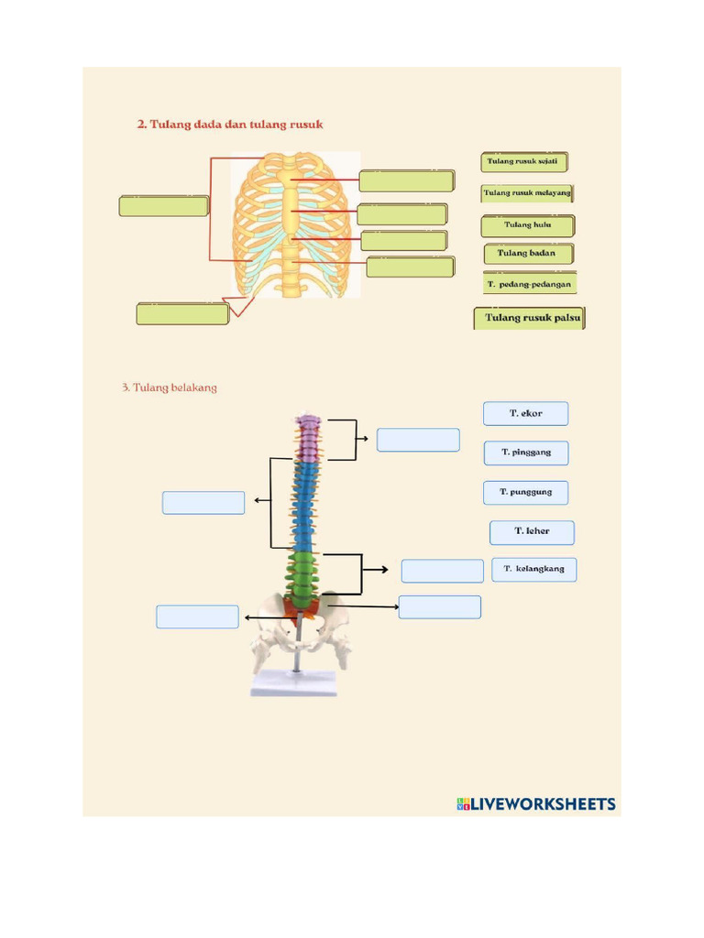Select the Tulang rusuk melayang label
pos(527,193)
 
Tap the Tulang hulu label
pos(527,224)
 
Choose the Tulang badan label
pos(527,253)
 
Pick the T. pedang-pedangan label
pos(530,284)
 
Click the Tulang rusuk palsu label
pos(529,318)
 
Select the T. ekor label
pos(525,413)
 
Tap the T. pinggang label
pos(525,453)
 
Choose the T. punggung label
pos(525,492)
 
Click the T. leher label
pos(532,531)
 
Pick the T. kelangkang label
pos(533,569)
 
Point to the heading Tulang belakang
pos(170,387)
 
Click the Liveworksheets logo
pos(535,804)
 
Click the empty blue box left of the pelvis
pos(197,616)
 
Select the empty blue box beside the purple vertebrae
pos(418,440)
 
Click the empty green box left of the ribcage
pos(163,205)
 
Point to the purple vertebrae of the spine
pos(309,437)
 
